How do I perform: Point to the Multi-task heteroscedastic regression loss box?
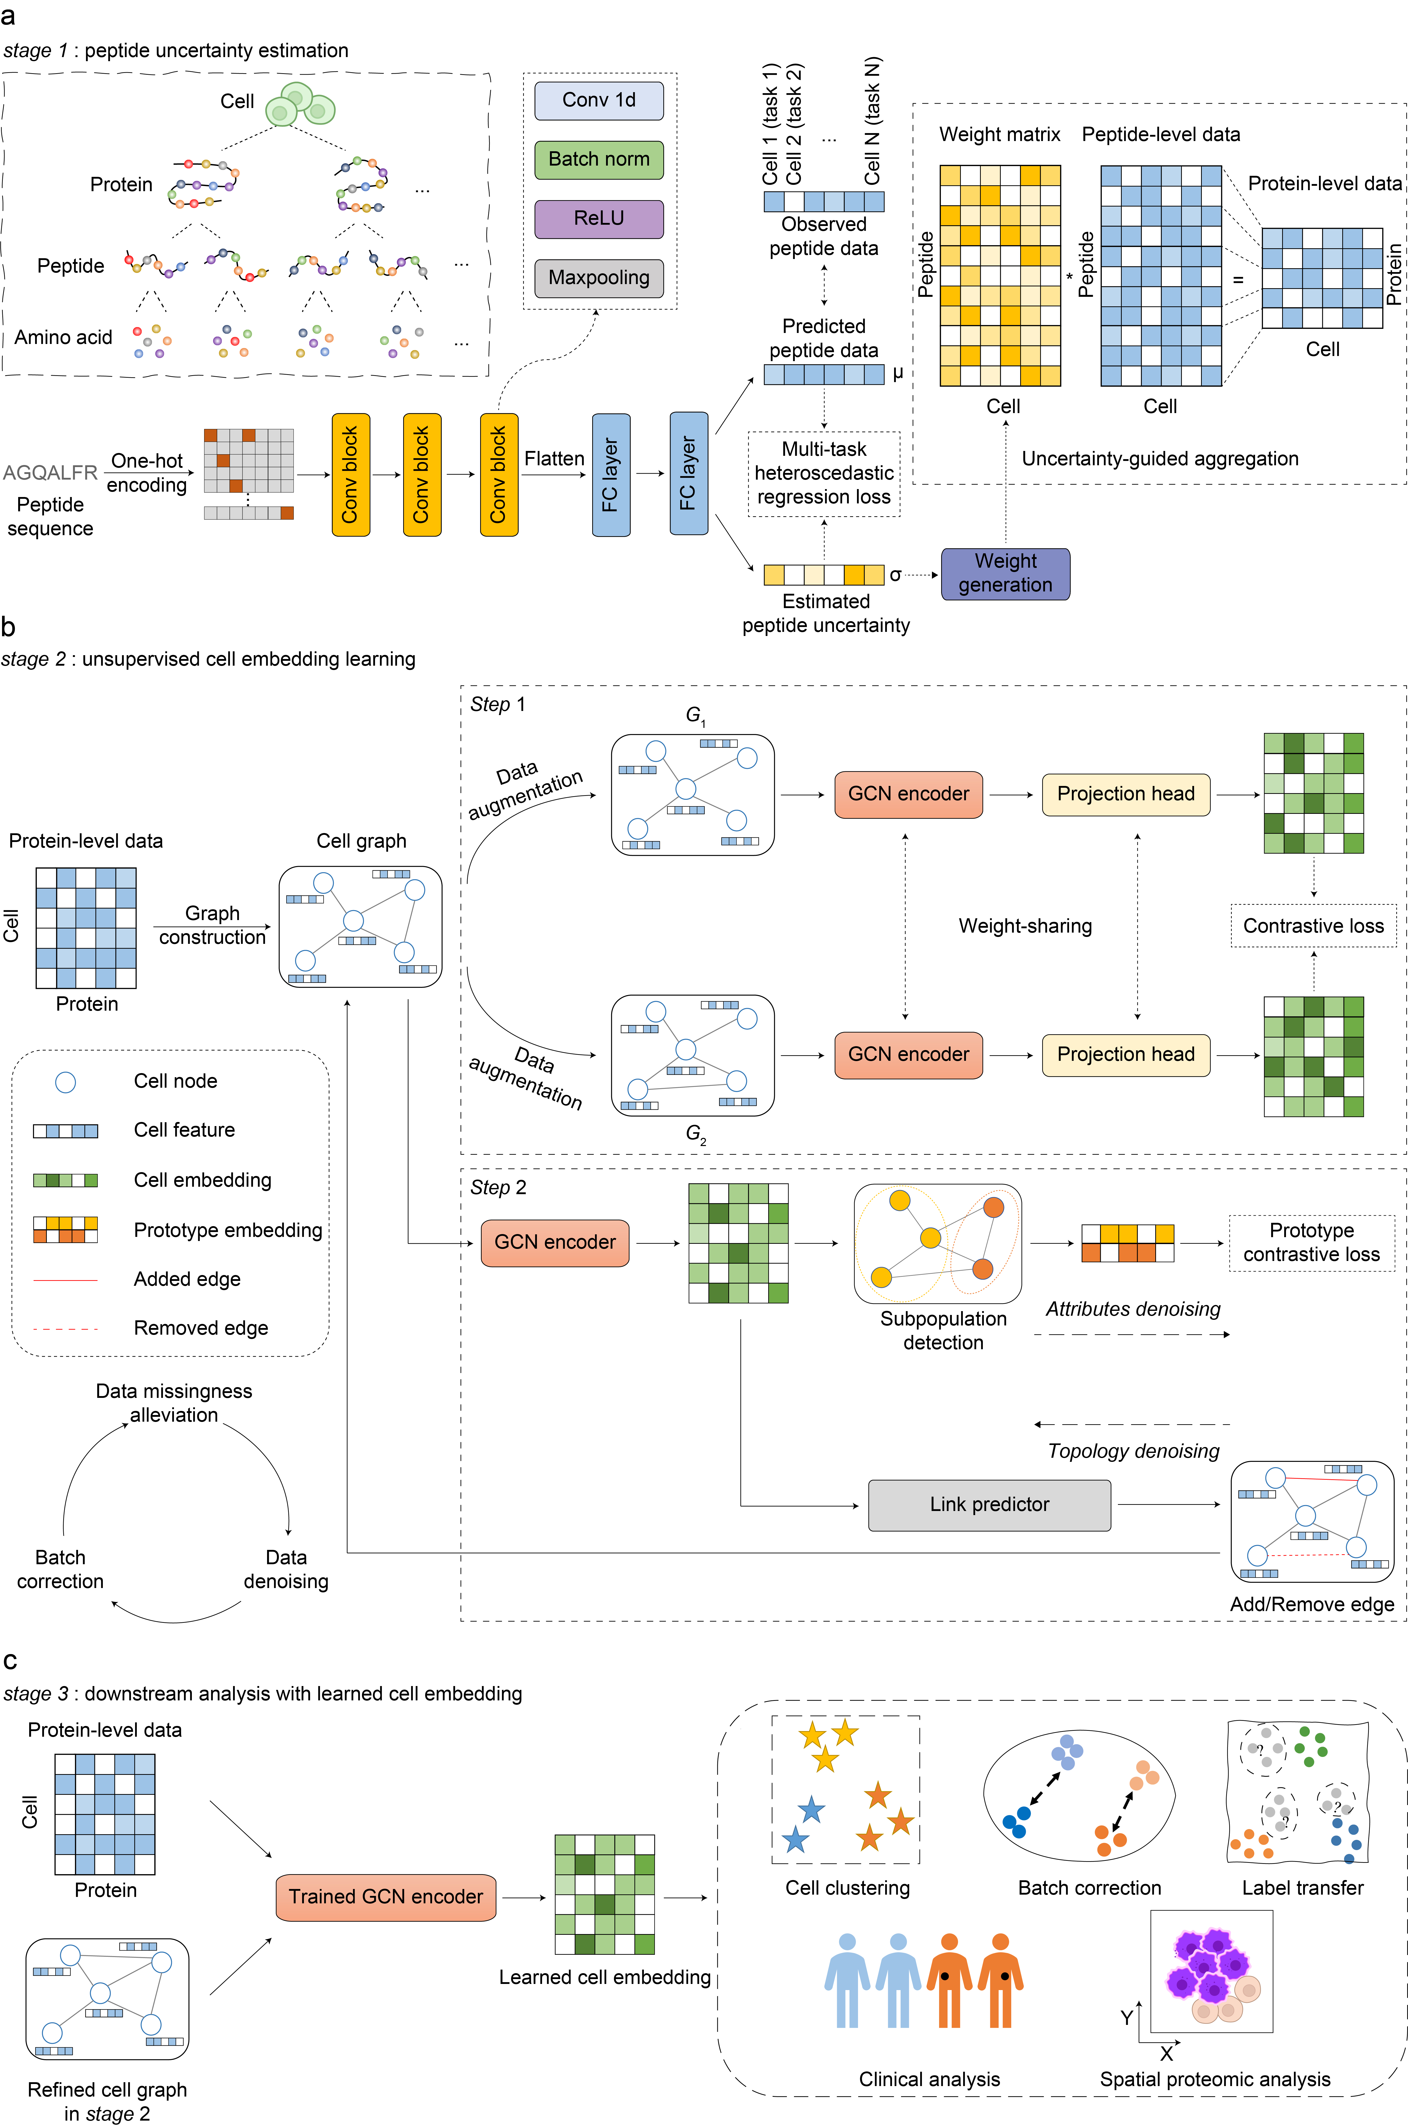pos(823,473)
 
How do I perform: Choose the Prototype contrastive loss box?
pos(1311,1242)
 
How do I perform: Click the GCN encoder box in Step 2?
pos(555,1242)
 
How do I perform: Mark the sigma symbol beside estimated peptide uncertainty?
pos(895,575)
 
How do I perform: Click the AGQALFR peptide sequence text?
pos(50,472)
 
